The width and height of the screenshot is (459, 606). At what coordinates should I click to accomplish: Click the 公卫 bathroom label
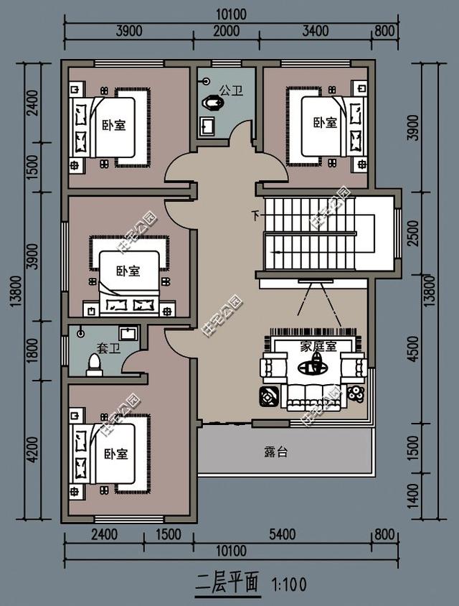pos(230,90)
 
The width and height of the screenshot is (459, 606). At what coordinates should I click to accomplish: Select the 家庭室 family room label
pos(318,345)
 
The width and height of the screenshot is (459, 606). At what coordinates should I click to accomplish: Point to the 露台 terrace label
pos(275,452)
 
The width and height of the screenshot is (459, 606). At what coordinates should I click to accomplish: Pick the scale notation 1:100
pos(288,584)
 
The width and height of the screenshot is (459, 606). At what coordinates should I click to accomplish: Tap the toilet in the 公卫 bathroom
pos(213,103)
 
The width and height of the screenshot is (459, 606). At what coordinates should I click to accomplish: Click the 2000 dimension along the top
pos(226,30)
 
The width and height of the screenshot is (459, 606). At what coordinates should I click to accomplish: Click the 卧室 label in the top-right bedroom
pos(325,123)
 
